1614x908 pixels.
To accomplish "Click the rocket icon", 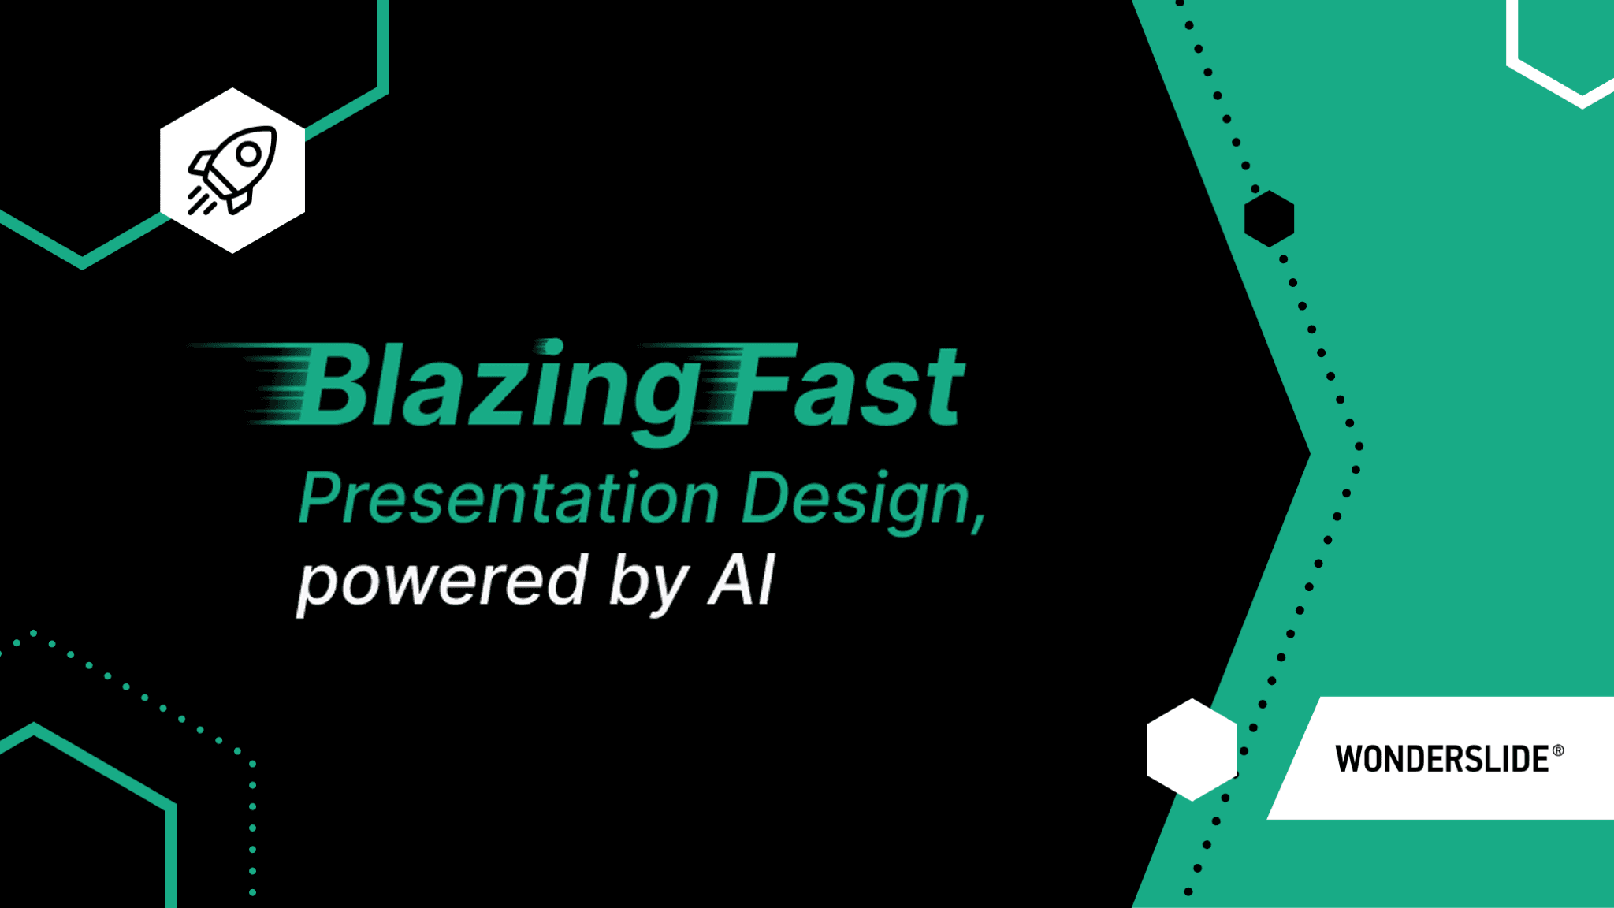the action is coord(232,169).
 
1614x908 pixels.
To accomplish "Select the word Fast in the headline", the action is coord(846,385).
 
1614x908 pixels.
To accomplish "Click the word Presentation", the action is coord(509,497).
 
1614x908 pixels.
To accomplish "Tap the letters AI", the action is coord(742,580).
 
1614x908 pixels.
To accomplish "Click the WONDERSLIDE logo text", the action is coord(1442,759).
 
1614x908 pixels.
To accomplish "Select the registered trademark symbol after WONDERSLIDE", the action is coord(1558,750).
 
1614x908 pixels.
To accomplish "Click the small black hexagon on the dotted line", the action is coord(1269,218).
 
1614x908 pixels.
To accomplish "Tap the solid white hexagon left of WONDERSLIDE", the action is coord(1192,750).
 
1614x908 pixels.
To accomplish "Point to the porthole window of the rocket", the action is coord(249,154).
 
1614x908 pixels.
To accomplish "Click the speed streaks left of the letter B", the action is coord(252,384).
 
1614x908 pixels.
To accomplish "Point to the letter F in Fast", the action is coord(761,384).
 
